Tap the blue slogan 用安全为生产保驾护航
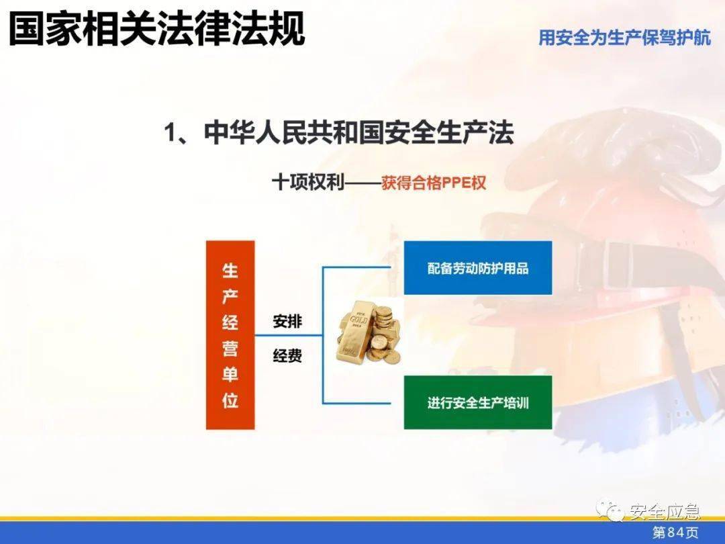pos(624,38)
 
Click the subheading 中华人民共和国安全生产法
pos(339,133)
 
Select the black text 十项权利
pos(307,183)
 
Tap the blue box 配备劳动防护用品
pos(477,268)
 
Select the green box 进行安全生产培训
pos(477,402)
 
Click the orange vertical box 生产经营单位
pos(230,335)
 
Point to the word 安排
pos(287,322)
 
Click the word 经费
pos(287,356)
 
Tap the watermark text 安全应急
pos(665,511)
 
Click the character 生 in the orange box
pos(230,271)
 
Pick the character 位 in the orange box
pos(230,400)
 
